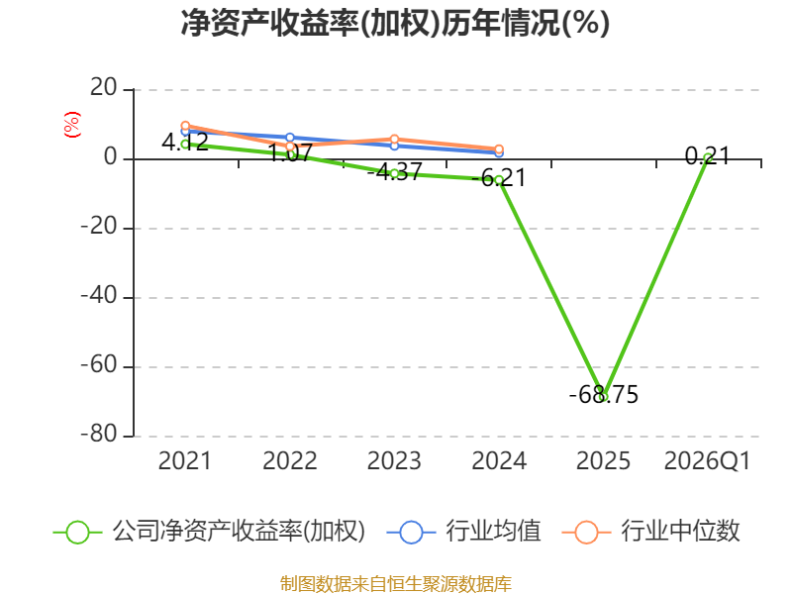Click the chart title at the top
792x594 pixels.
tap(395, 23)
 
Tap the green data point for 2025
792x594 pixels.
tap(603, 397)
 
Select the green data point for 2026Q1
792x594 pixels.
tap(708, 158)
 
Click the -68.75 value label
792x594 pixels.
tap(604, 394)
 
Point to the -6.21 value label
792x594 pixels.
tap(499, 178)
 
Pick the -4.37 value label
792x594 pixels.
tap(394, 171)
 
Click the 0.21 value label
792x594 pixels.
tap(708, 156)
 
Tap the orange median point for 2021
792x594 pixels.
tap(185, 126)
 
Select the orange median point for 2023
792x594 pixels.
tap(394, 139)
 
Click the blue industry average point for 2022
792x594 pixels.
tap(290, 138)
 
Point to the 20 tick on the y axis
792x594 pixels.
tap(104, 88)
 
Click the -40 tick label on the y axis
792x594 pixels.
tap(99, 296)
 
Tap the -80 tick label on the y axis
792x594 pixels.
tap(99, 435)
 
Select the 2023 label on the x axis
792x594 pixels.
tap(394, 461)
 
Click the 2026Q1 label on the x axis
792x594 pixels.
tap(708, 461)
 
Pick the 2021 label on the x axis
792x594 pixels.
tap(185, 461)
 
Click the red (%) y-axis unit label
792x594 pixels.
tap(71, 125)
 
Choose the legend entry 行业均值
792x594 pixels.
tap(463, 532)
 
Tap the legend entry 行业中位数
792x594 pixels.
tap(650, 532)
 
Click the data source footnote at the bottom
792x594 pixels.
tap(395, 584)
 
